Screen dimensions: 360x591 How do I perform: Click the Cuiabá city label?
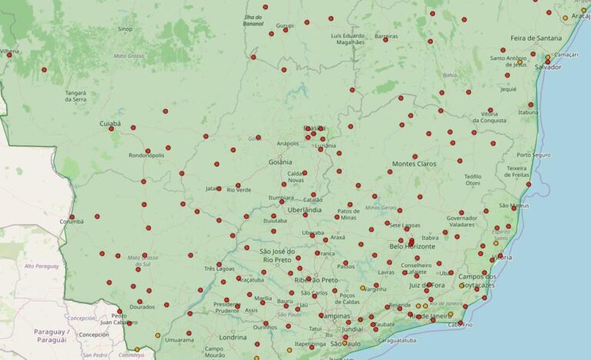point(110,123)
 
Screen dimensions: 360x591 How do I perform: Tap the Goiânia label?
point(279,162)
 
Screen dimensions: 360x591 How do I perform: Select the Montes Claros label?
point(413,164)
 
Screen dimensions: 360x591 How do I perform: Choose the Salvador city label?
point(547,67)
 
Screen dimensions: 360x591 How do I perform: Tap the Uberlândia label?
point(304,210)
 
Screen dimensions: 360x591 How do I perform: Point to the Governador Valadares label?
point(462,221)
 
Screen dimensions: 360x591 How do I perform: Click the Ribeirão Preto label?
point(316,280)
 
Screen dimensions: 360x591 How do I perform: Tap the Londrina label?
point(232,337)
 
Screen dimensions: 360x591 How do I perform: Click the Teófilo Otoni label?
point(472,180)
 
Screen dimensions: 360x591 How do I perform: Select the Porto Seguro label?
point(534,155)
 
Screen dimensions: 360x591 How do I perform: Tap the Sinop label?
point(125,29)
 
